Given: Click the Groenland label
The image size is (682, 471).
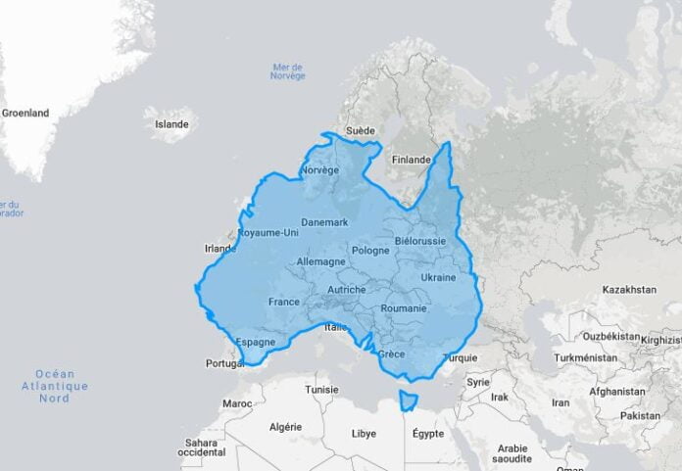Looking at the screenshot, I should pos(25,113).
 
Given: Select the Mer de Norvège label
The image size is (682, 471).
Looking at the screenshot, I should pos(288,71).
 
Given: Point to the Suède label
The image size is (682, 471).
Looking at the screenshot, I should pos(361,130).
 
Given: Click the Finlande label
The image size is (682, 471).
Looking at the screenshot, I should pos(412,160).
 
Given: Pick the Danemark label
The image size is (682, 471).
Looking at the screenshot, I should pos(324,222).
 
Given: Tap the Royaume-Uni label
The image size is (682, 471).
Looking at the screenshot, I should pos(268,233).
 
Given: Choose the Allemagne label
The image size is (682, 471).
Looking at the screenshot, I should pos(320,262).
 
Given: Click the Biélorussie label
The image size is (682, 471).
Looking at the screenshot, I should pos(420,241).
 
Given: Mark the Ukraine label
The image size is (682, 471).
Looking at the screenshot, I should pos(438,277).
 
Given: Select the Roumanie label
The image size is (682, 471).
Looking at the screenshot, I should pos(405,308).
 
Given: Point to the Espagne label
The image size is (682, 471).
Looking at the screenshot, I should pos(256,342).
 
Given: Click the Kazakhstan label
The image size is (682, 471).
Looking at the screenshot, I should pos(629,290).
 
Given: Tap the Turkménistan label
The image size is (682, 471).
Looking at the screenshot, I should pos(586,357).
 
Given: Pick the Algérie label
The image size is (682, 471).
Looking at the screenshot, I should pos(286,427).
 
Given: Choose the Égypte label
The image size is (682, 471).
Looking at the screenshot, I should pos(427,433).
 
